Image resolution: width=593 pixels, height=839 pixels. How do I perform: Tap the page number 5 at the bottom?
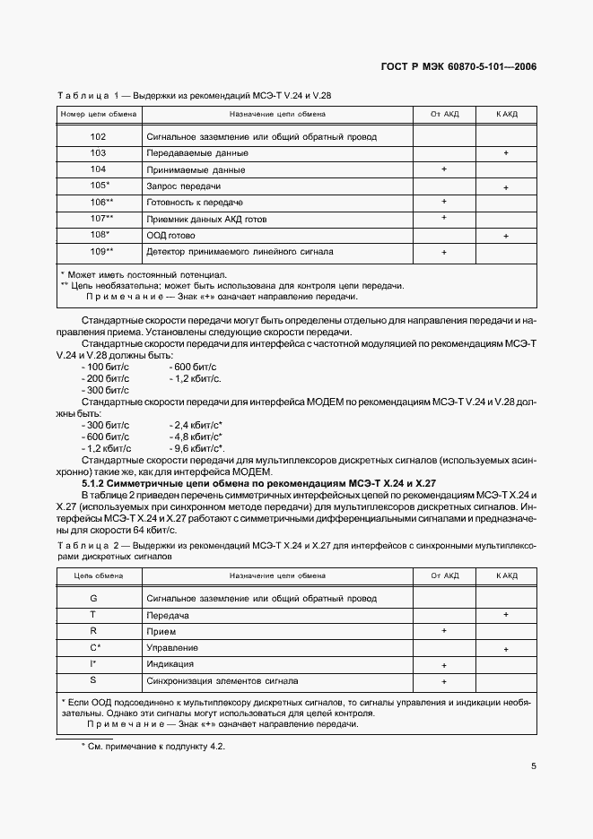point(533,766)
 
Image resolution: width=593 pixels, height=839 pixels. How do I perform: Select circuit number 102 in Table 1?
point(99,137)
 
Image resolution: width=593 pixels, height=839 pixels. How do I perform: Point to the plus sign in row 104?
point(444,169)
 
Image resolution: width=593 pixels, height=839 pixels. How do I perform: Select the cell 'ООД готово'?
point(170,236)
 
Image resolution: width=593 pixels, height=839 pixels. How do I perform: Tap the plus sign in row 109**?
point(444,253)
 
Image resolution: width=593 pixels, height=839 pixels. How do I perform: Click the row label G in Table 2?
point(93,598)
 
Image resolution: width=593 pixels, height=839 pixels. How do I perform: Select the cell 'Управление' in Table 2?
point(172,647)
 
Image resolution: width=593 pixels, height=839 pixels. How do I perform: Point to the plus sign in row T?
point(506,614)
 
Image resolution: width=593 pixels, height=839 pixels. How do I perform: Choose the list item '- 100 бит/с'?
point(105,367)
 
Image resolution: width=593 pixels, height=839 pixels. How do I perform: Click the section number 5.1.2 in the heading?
point(98,483)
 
